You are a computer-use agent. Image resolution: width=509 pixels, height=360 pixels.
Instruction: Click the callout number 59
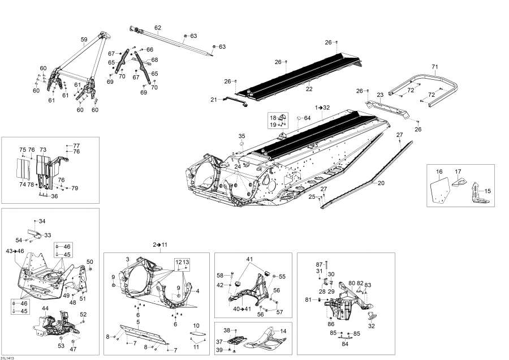click(84, 40)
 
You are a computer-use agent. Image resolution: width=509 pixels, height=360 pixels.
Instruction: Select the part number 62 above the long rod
click(158, 28)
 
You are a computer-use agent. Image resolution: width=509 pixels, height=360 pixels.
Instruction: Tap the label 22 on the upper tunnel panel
click(309, 89)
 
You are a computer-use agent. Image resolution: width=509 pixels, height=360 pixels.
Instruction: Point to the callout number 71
click(435, 67)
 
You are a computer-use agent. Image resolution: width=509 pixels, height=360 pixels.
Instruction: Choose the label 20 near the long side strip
click(381, 183)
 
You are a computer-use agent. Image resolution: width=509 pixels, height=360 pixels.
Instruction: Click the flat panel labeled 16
click(439, 190)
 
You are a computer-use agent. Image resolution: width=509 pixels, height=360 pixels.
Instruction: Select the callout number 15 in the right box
click(488, 191)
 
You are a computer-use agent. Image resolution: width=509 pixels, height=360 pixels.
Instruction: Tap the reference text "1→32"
click(322, 107)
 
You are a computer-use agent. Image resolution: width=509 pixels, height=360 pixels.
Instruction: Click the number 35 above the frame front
click(241, 136)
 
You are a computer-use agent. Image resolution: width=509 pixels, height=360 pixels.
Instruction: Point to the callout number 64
click(307, 118)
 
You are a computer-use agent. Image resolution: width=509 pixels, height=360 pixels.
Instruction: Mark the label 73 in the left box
click(43, 150)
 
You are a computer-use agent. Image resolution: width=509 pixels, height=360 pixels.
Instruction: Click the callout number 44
click(46, 308)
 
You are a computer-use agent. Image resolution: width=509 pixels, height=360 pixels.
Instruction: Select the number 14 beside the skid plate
click(283, 331)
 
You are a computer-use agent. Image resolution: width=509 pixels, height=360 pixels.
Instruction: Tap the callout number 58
click(220, 275)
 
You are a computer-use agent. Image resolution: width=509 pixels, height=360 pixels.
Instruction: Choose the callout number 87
click(319, 264)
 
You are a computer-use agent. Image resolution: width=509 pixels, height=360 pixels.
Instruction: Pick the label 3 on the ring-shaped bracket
click(128, 259)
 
